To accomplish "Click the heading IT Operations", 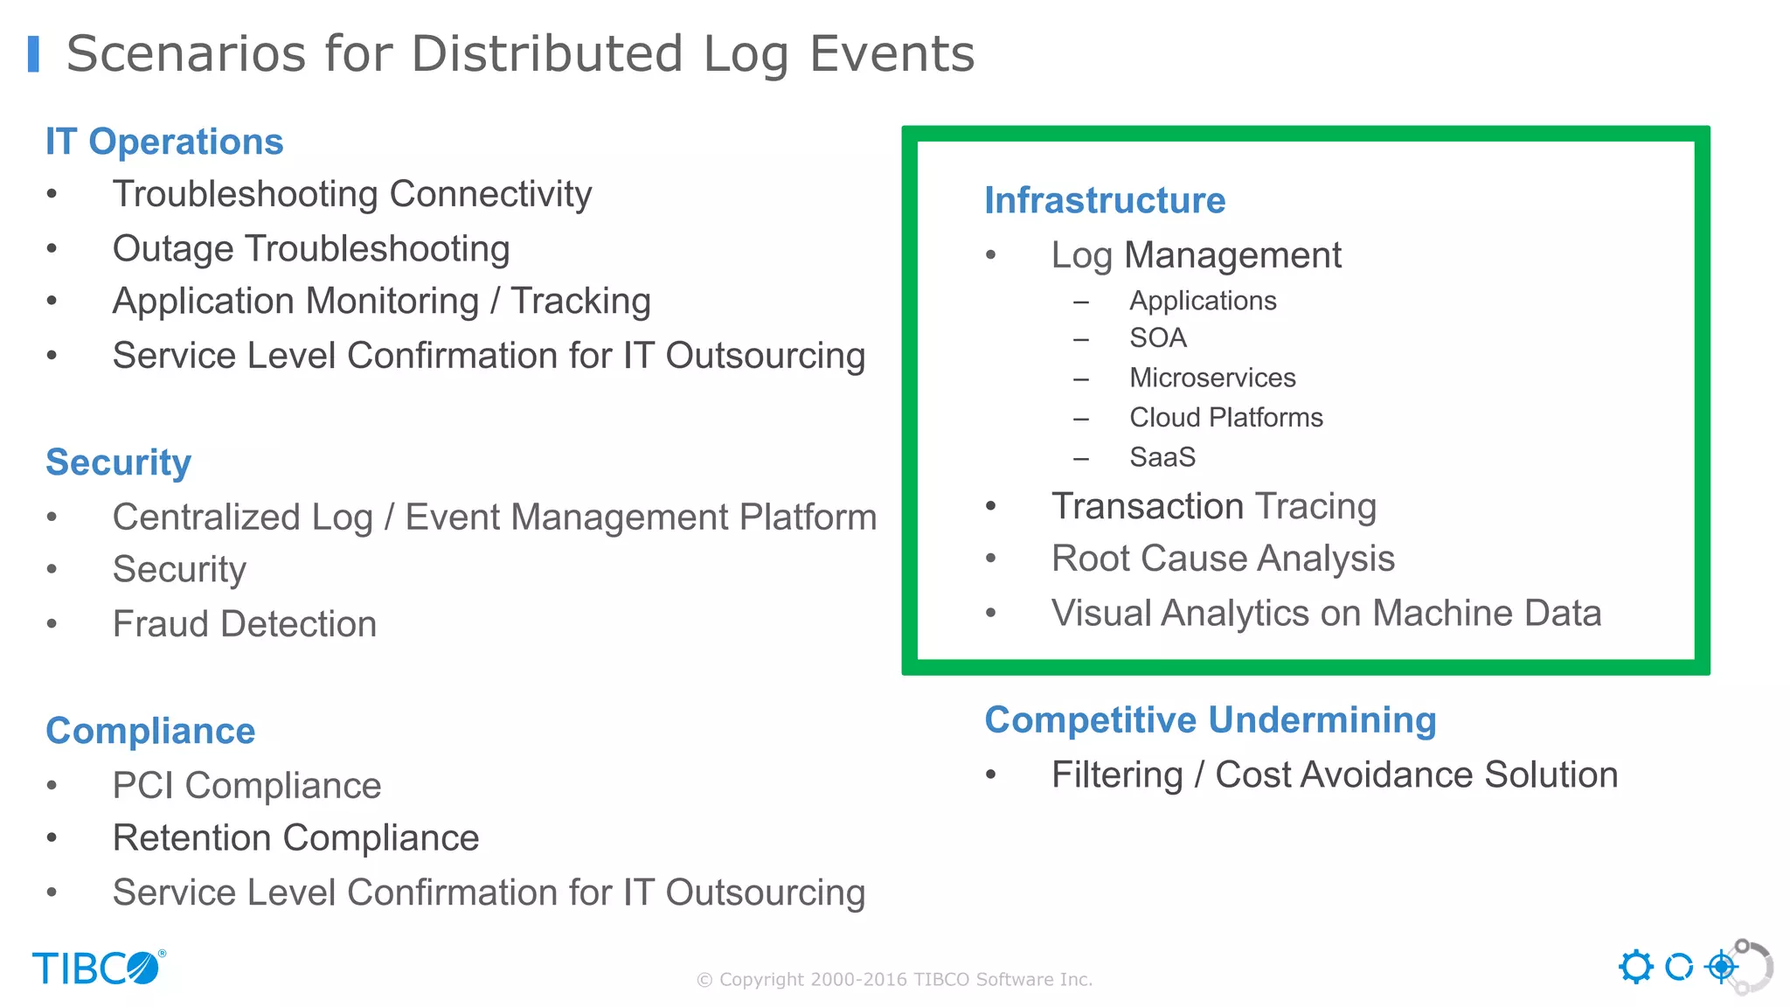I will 164,142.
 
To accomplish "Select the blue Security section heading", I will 118,462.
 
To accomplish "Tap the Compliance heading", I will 150,731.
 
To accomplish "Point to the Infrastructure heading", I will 1105,200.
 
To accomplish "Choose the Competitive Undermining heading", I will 1211,720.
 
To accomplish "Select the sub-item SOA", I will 1157,338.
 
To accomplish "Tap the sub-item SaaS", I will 1162,457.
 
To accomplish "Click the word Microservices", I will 1212,378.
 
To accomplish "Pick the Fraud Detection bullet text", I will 245,624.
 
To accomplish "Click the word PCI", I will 143,786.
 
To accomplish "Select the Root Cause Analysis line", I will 1223,559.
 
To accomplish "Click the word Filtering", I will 1116,775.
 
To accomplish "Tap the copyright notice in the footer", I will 894,980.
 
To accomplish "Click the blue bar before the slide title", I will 33,54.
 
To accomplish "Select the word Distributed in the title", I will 547,54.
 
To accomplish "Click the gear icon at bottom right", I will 1635,967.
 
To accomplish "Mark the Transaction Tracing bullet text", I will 1213,506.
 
